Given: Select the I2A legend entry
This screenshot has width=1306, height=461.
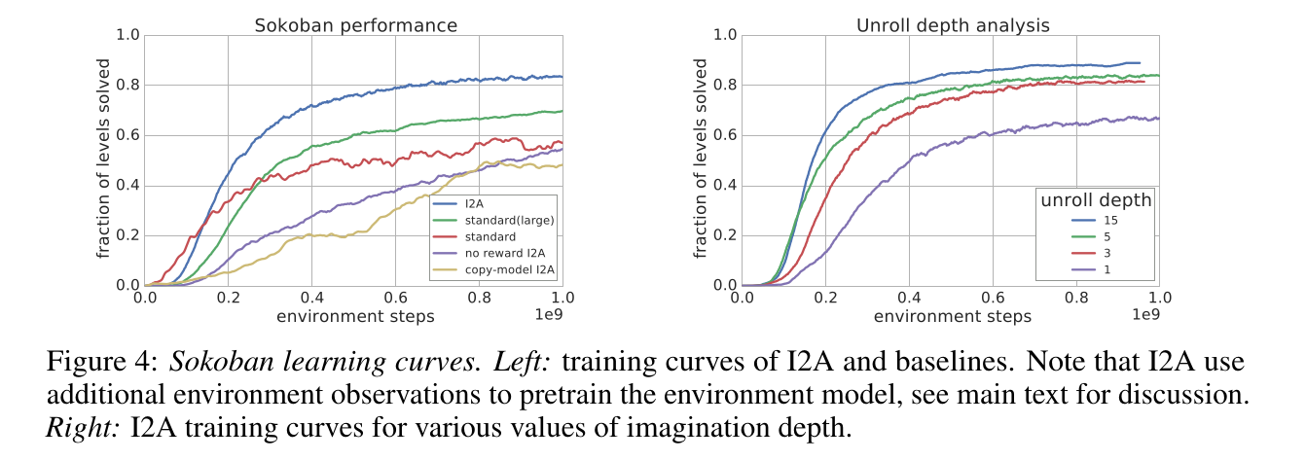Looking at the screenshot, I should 473,204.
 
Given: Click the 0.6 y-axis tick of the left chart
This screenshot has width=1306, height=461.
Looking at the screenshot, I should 127,135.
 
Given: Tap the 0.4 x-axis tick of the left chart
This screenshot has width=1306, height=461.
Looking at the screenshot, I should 311,298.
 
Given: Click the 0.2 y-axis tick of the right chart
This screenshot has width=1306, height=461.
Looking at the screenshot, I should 726,235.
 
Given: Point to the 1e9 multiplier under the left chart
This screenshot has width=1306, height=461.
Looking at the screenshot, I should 548,315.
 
